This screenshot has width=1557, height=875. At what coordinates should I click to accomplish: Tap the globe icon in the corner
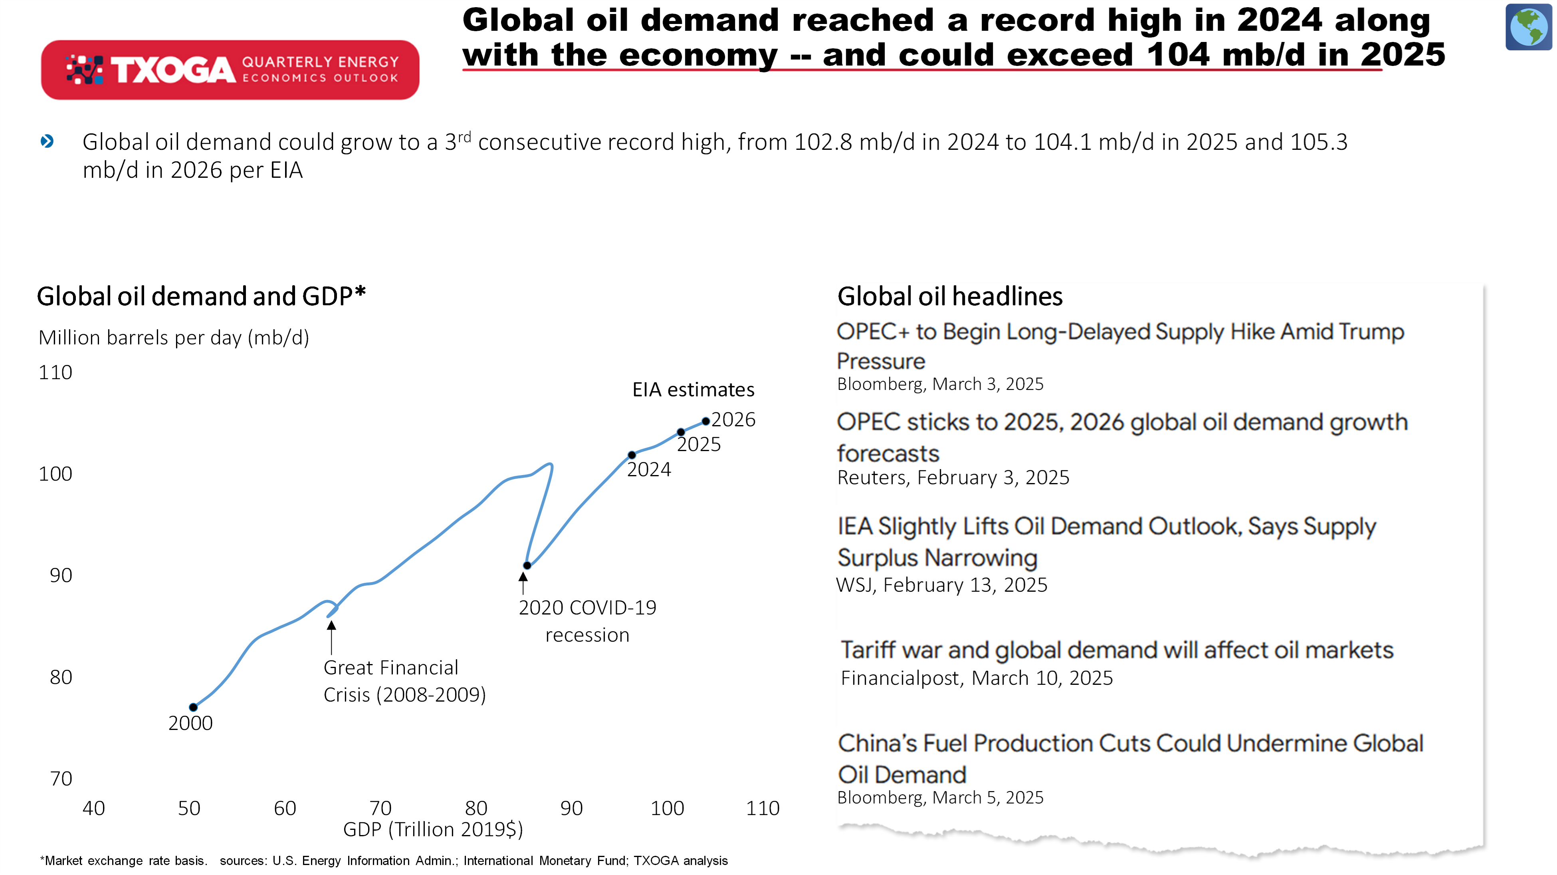(1529, 27)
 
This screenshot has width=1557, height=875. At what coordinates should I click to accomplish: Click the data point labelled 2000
(193, 707)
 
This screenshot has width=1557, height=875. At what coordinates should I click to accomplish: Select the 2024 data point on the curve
(632, 455)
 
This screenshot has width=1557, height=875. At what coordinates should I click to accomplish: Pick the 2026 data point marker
(705, 421)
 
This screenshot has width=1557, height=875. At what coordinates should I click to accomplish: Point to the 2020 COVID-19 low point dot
(527, 565)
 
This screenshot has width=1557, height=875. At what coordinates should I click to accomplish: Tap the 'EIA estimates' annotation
(693, 390)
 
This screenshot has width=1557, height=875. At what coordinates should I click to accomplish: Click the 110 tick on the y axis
(55, 372)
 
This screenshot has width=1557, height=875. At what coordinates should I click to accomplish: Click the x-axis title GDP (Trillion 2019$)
(433, 829)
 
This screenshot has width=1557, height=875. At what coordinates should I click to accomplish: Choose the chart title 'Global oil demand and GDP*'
(201, 296)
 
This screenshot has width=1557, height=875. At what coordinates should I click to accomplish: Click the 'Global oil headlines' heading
(949, 296)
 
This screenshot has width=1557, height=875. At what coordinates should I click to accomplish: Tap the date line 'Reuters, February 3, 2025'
(953, 478)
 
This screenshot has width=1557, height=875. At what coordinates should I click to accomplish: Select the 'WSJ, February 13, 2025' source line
(942, 585)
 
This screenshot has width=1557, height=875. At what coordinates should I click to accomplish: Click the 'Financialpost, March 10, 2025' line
(977, 678)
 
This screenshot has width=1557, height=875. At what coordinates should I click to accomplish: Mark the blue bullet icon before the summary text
(47, 141)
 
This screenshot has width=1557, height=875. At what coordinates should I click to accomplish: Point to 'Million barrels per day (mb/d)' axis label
(174, 338)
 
